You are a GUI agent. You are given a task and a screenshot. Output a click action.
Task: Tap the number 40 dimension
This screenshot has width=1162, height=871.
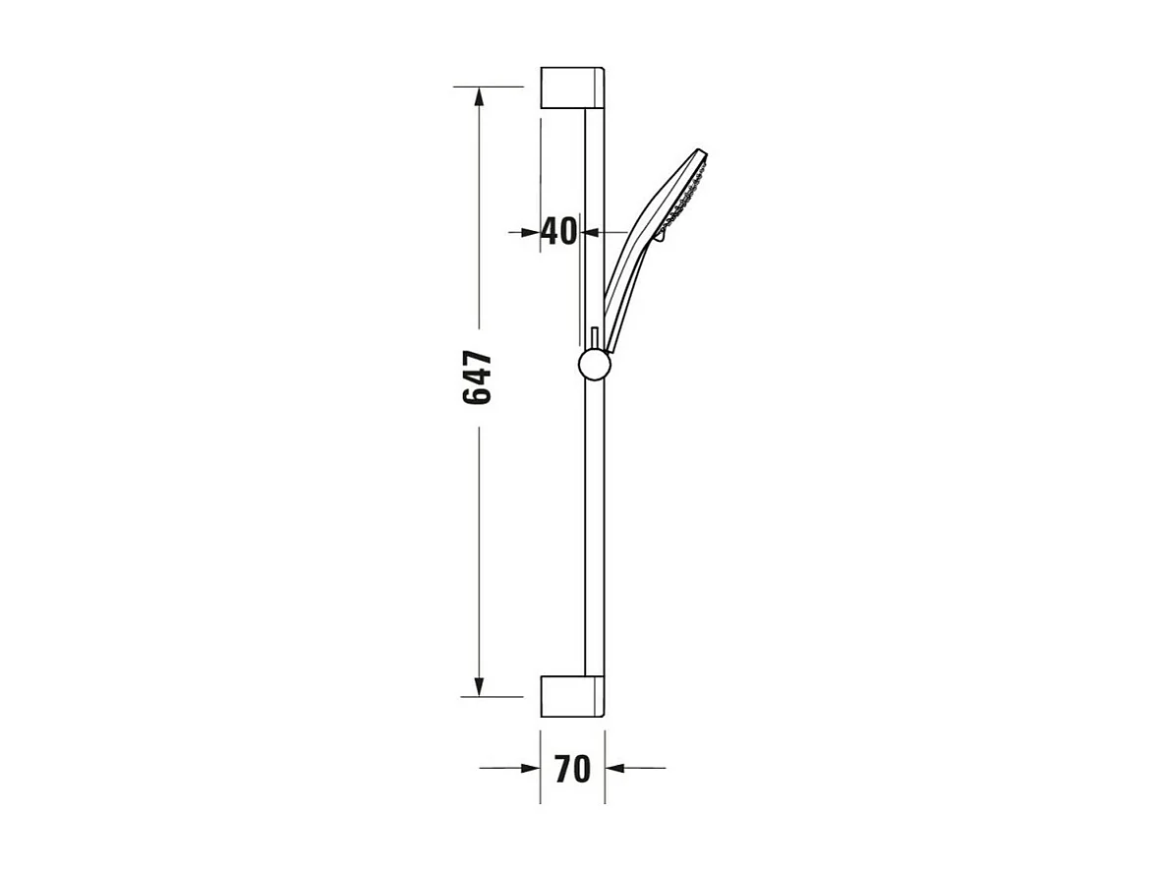pos(559,231)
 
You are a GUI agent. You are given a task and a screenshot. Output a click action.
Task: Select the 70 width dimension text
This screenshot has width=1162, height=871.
pos(572,769)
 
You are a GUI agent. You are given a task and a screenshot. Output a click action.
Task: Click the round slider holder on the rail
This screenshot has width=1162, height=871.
pos(594,365)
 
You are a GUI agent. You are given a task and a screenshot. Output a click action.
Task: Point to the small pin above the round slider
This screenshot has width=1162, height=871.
pos(594,335)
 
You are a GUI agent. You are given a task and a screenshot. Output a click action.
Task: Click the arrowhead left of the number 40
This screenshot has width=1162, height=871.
pos(531,232)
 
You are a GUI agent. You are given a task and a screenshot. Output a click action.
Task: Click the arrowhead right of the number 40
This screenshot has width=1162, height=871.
pos(592,232)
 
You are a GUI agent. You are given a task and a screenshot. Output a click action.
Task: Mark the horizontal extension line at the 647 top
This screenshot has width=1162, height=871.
pos(489,87)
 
